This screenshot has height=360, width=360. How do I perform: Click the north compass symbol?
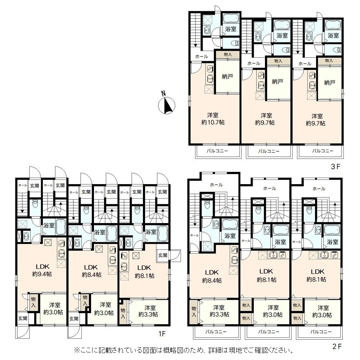click(x=167, y=105)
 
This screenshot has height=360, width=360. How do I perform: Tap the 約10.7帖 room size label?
click(x=213, y=122)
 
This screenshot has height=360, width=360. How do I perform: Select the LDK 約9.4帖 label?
click(x=42, y=270)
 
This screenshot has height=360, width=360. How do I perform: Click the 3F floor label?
click(x=335, y=166)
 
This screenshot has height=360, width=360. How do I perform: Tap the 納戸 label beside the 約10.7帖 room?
click(x=228, y=76)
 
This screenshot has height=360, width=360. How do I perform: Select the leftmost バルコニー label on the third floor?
click(x=217, y=151)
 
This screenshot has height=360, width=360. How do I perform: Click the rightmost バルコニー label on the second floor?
click(x=321, y=332)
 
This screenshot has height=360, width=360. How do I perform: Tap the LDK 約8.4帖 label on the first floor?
click(x=91, y=271)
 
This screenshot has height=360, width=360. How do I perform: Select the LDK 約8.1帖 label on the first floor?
click(x=144, y=271)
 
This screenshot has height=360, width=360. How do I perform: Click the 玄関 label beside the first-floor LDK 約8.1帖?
click(x=163, y=255)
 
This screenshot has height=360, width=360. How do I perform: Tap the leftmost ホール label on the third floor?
click(x=202, y=56)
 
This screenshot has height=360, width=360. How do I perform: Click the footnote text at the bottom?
click(x=184, y=351)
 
